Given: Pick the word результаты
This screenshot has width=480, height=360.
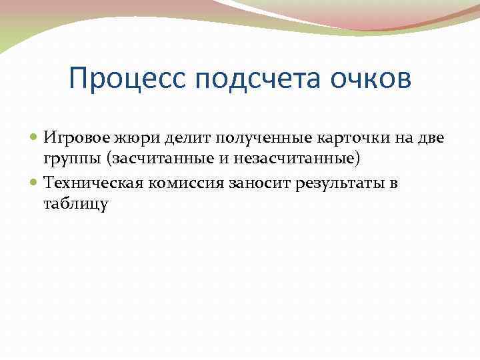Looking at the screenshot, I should click(345, 183).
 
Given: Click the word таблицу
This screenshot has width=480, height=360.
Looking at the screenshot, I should click(75, 205).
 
